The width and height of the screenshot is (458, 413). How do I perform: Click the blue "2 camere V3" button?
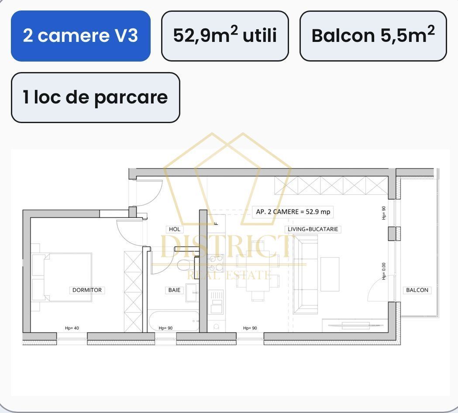pyautogui.click(x=80, y=36)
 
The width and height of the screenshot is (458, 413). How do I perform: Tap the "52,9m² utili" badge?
pyautogui.click(x=225, y=36)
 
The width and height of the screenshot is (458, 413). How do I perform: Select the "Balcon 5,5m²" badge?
pyautogui.click(x=373, y=36)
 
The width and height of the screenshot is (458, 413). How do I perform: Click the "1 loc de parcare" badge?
pyautogui.click(x=95, y=97)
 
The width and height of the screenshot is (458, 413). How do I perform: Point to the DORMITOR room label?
pyautogui.click(x=87, y=290)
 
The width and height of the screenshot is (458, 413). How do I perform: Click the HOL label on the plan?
pyautogui.click(x=174, y=229)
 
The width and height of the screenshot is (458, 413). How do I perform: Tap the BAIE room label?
pyautogui.click(x=174, y=290)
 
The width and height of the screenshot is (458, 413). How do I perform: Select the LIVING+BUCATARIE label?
pyautogui.click(x=313, y=229)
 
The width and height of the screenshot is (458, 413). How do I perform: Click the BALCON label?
pyautogui.click(x=417, y=290)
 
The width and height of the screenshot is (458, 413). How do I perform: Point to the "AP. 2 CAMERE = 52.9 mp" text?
pyautogui.click(x=293, y=212)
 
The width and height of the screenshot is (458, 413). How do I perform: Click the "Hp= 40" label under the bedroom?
pyautogui.click(x=72, y=328)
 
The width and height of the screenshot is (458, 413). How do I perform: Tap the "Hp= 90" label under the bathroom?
pyautogui.click(x=165, y=328)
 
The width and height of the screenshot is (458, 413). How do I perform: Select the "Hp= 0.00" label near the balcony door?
pyautogui.click(x=384, y=271)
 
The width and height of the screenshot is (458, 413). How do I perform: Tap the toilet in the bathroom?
pyautogui.click(x=185, y=265)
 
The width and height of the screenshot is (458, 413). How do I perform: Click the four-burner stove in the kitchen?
pyautogui.click(x=216, y=263)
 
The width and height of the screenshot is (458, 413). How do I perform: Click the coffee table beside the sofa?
pyautogui.click(x=330, y=274)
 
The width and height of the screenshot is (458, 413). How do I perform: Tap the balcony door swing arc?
pyautogui.click(x=376, y=290)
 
